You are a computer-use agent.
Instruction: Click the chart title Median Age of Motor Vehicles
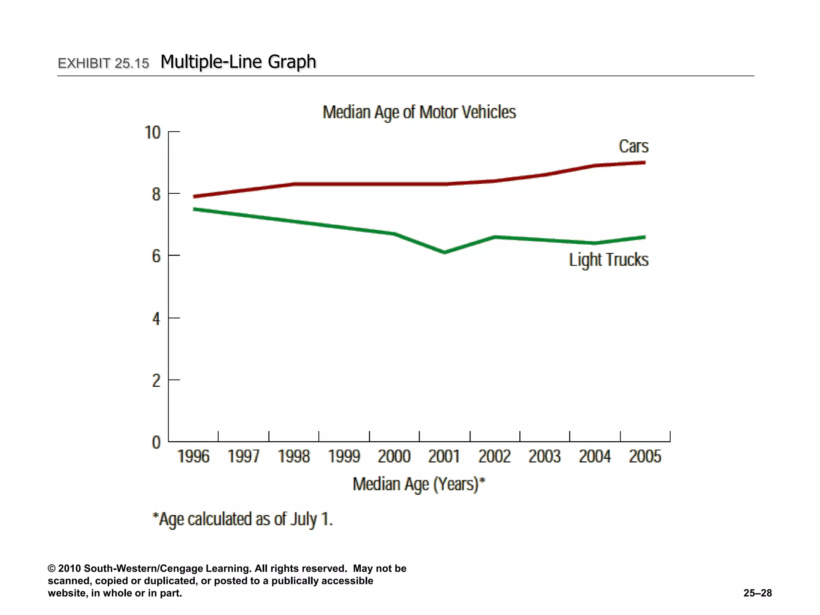(419, 112)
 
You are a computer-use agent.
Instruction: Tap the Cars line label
(633, 146)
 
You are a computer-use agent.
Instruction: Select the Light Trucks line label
(609, 259)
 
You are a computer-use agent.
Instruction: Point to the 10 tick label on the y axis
(152, 133)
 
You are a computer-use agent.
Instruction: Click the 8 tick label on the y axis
(156, 195)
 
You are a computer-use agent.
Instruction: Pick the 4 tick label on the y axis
(156, 319)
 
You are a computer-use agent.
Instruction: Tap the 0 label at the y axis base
(156, 442)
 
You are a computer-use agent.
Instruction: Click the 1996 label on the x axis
(193, 456)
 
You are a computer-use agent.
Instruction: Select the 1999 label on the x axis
(344, 456)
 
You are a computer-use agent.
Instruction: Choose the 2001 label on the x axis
(444, 456)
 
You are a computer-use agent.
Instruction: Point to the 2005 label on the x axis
(645, 456)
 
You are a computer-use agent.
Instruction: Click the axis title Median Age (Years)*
(419, 484)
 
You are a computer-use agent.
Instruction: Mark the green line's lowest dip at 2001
(444, 252)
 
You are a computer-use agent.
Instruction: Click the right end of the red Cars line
(644, 163)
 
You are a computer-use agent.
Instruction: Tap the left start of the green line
(195, 209)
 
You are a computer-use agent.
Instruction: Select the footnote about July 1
(243, 519)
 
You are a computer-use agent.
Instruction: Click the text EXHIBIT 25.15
(103, 63)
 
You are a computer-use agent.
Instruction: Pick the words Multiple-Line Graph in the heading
(238, 62)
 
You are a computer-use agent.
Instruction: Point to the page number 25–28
(758, 593)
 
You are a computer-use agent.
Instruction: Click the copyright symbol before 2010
(52, 569)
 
